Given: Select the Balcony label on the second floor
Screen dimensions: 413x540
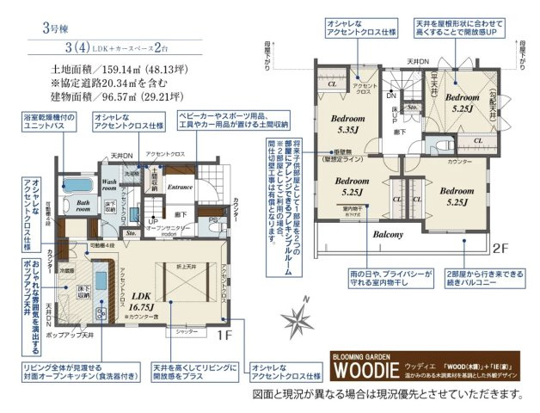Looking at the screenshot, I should [x=388, y=233].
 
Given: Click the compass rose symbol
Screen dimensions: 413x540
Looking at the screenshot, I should [x=304, y=321].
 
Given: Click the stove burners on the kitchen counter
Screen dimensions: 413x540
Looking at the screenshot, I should [x=97, y=281].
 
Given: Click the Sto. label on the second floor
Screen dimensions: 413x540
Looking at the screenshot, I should [x=412, y=108].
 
